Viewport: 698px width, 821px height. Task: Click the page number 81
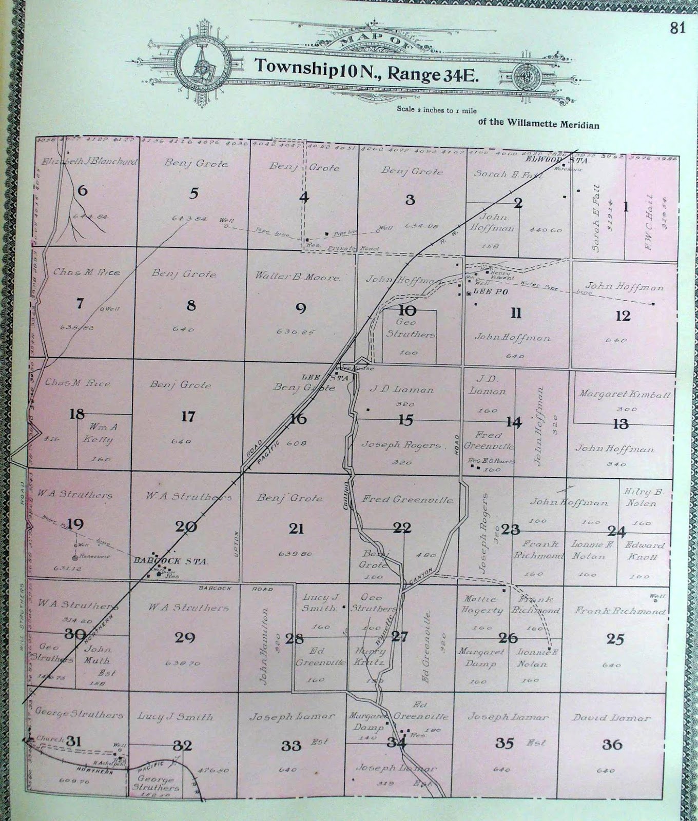click(x=677, y=28)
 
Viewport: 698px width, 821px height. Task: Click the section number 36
click(x=612, y=744)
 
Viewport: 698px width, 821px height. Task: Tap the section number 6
click(x=83, y=191)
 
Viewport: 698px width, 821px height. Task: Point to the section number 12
click(x=623, y=316)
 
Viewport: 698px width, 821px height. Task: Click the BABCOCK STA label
click(x=170, y=561)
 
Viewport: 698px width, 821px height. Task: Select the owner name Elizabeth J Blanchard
click(x=90, y=162)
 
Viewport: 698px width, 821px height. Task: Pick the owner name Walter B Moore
click(x=298, y=277)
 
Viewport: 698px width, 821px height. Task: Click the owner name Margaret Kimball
click(x=624, y=394)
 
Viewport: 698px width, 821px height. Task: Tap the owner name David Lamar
click(x=612, y=718)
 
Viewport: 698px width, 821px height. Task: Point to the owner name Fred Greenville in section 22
click(x=407, y=499)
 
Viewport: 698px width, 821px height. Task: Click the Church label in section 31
click(x=49, y=739)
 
